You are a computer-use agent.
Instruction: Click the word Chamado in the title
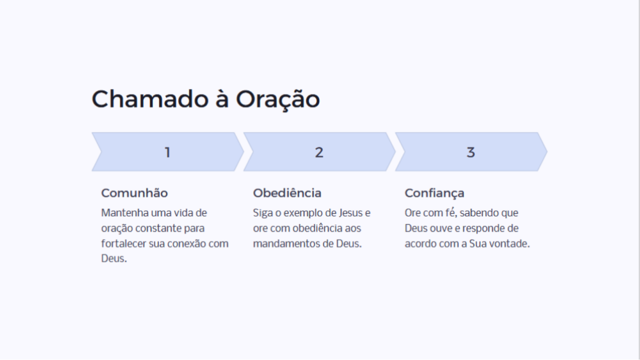pos(150,99)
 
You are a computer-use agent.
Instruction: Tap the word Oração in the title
pos(278,100)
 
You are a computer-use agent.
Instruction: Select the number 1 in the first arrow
pos(168,152)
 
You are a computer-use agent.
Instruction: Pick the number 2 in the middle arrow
pos(319,152)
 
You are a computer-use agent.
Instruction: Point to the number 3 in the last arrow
pos(471,152)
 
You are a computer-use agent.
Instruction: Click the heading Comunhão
pos(134,193)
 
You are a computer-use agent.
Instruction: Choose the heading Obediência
pos(287,193)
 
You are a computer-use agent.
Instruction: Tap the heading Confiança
pos(434,194)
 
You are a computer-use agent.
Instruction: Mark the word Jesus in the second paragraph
pos(351,213)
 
